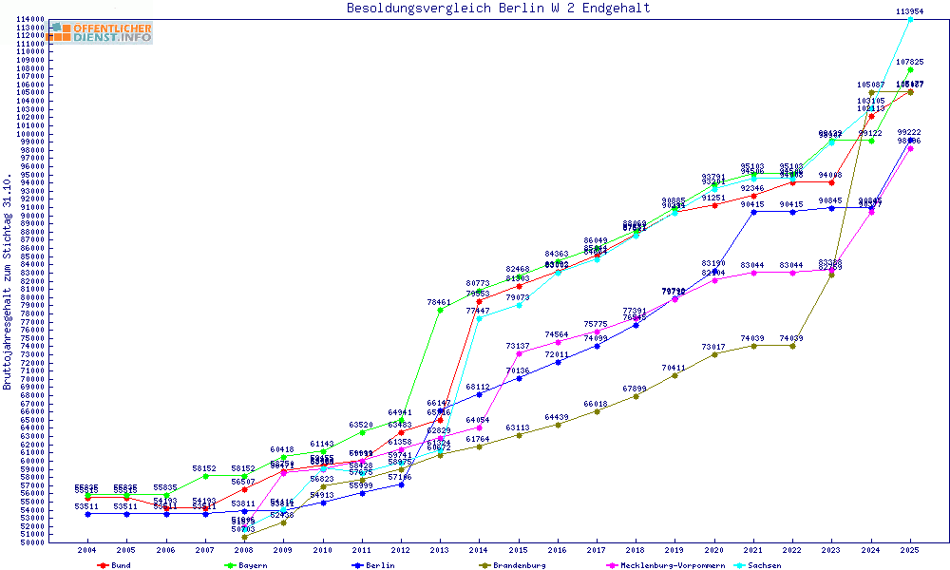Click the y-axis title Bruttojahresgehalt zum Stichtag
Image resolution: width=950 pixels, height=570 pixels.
[x=8, y=282]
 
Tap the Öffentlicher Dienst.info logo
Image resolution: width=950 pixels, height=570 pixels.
[x=102, y=33]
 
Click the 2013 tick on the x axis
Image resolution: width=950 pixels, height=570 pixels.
[x=440, y=550]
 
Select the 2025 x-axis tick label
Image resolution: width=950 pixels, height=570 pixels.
[x=910, y=550]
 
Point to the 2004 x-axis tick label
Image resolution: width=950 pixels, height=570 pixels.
[x=87, y=550]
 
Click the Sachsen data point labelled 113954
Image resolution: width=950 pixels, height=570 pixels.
[x=910, y=19]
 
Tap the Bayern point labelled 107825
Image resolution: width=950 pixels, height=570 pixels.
[x=910, y=69]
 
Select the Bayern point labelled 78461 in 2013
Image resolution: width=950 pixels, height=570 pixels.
[x=440, y=310]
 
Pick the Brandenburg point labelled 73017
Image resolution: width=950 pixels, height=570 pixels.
[x=714, y=354]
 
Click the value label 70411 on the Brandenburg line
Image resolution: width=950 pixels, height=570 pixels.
[x=674, y=368]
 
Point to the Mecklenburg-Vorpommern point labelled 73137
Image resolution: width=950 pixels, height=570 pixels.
[x=518, y=353]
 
